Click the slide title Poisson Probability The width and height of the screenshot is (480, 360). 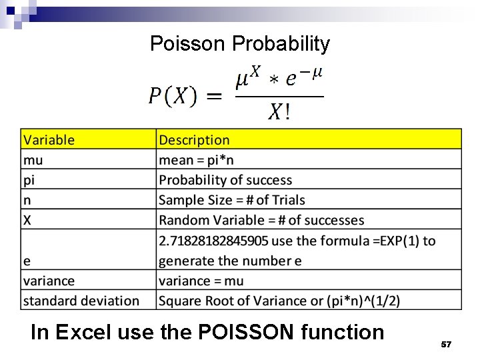tap(240, 44)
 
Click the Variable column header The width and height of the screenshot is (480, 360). tap(49, 140)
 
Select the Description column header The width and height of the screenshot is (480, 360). tap(194, 140)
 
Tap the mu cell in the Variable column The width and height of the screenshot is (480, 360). tap(33, 160)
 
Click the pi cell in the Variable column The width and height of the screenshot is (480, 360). tap(29, 180)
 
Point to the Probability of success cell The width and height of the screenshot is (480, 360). tap(225, 180)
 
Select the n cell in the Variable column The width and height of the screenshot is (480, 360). tap(27, 200)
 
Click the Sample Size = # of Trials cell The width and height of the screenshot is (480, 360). tap(231, 200)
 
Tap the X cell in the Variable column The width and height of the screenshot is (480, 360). tap(28, 220)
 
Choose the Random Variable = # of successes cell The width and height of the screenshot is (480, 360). tap(261, 220)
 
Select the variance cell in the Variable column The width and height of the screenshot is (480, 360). tap(49, 281)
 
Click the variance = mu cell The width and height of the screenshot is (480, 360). tap(201, 281)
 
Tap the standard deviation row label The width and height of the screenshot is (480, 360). tap(81, 301)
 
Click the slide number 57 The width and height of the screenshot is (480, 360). tap(446, 344)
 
